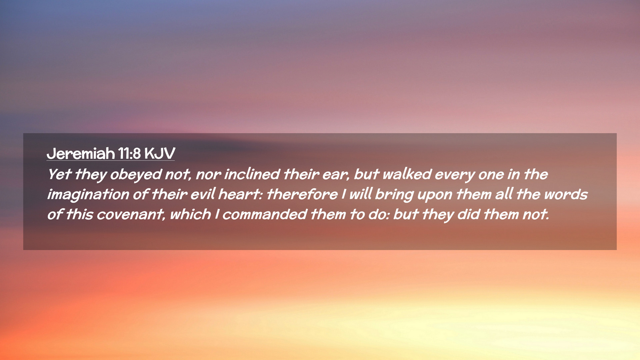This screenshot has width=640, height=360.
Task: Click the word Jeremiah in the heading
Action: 81,154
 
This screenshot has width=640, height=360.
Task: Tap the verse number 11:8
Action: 129,154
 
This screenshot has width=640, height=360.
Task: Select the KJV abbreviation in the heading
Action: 160,154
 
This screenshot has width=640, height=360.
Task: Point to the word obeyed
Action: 136,175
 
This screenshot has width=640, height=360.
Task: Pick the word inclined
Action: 252,174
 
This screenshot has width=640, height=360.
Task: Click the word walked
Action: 407,174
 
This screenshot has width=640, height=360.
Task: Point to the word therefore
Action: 302,194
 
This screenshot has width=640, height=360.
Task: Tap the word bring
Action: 394,195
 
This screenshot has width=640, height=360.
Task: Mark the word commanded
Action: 264,214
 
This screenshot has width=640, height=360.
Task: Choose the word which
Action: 190,214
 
